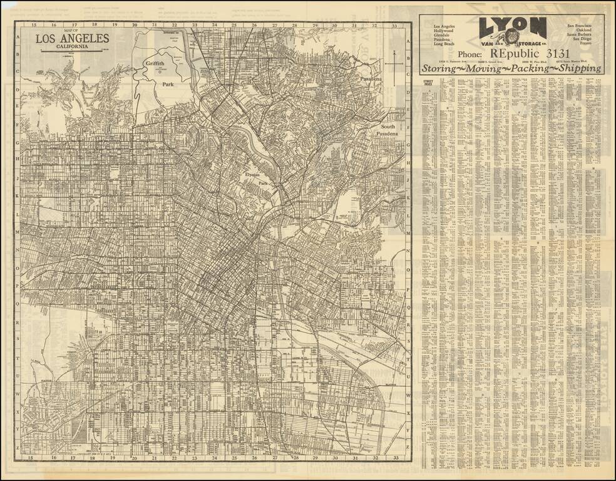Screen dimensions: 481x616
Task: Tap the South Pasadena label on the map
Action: pyautogui.click(x=386, y=130)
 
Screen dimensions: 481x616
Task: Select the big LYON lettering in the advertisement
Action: pyautogui.click(x=512, y=26)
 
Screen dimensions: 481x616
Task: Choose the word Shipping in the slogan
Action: pyautogui.click(x=576, y=69)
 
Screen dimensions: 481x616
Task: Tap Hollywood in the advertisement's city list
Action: pyautogui.click(x=444, y=30)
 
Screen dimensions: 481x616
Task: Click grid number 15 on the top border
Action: pyautogui.click(x=31, y=26)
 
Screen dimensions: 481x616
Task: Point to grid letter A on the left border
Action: pyautogui.click(x=18, y=36)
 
